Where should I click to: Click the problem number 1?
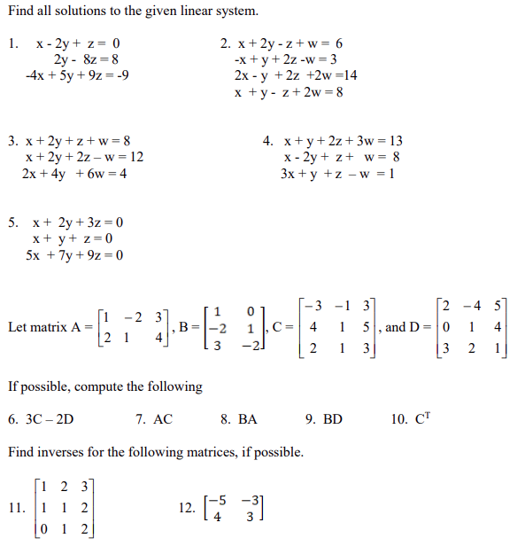12,43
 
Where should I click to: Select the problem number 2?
225,43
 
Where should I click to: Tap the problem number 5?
12,222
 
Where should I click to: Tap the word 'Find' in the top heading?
20,12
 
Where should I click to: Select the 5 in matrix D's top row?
500,307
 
